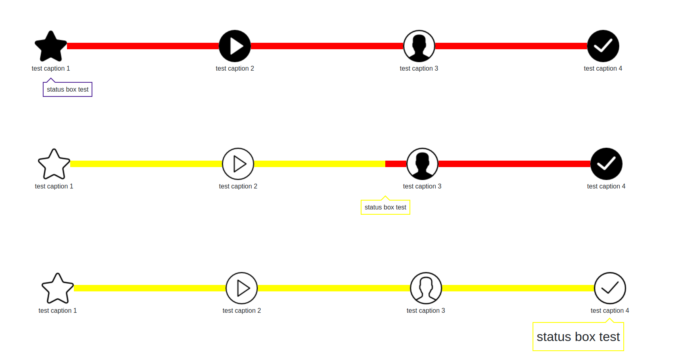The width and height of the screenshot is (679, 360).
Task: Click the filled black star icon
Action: (50, 46)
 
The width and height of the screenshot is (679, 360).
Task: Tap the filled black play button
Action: (235, 46)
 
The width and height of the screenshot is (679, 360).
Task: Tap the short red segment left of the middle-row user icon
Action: (396, 164)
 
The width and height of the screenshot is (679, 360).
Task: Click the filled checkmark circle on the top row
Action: (603, 46)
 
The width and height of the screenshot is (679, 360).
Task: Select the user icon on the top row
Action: (419, 46)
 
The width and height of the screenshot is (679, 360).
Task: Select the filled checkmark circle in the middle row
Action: (606, 164)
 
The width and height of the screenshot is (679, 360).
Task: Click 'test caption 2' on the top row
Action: (235, 69)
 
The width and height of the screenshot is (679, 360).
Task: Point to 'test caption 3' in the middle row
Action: (422, 186)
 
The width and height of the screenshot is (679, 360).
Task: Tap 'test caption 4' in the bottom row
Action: (610, 311)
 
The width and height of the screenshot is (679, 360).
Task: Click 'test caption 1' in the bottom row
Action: (58, 311)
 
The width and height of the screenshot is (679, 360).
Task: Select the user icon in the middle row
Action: (422, 164)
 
